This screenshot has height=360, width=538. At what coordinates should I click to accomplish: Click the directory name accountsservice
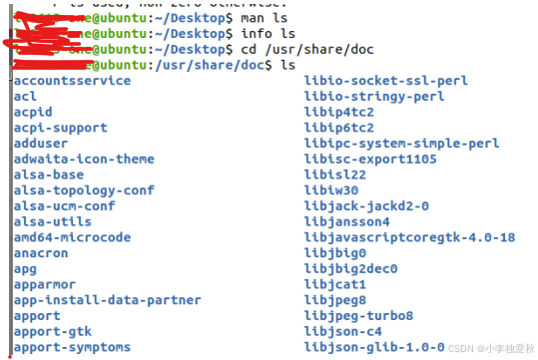point(72,81)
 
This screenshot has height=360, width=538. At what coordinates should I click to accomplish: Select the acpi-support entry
point(59,128)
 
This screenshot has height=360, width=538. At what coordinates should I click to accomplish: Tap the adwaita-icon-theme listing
point(84,159)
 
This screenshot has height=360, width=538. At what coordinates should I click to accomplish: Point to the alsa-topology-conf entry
point(84,190)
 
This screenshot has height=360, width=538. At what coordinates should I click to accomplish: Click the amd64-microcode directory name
point(72,237)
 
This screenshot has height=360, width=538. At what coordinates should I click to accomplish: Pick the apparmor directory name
point(43,284)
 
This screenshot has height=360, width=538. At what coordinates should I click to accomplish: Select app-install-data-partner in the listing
point(107,300)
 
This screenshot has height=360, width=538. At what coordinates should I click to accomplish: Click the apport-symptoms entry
point(72,347)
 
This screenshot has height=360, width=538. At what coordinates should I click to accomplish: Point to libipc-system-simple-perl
point(401,144)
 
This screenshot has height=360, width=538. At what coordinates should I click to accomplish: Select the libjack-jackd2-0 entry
point(366,206)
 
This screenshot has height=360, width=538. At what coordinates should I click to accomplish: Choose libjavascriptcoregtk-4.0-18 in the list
point(409,237)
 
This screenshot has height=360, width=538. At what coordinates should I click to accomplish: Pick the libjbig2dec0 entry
point(350,268)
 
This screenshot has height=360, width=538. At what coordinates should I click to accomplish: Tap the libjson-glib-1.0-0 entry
point(374,347)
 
